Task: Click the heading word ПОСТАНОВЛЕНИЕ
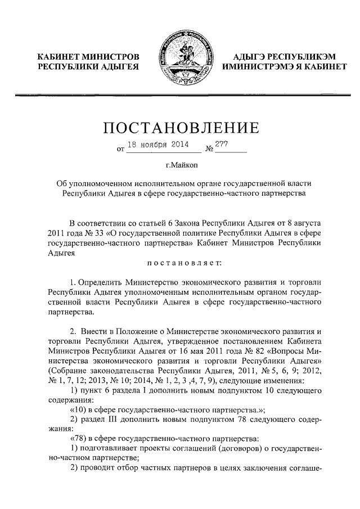tap(181, 128)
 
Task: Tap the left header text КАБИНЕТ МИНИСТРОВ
tap(88, 57)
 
